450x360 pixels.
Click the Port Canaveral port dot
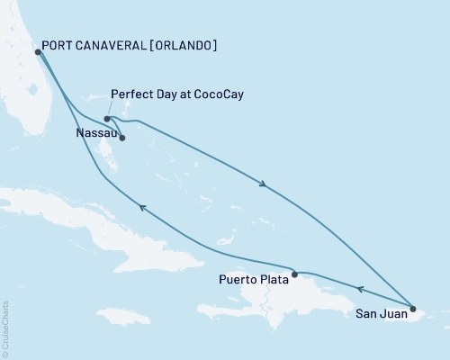pos(37,52)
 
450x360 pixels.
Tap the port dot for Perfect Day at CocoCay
pos(107,118)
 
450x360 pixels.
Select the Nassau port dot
pos(121,138)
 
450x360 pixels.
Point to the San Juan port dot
pos(413,310)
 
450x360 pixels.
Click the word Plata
pos(273,279)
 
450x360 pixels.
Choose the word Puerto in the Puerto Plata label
pos(238,279)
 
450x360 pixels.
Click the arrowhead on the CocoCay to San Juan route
pos(263,184)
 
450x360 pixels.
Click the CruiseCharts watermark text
pos(5,328)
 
